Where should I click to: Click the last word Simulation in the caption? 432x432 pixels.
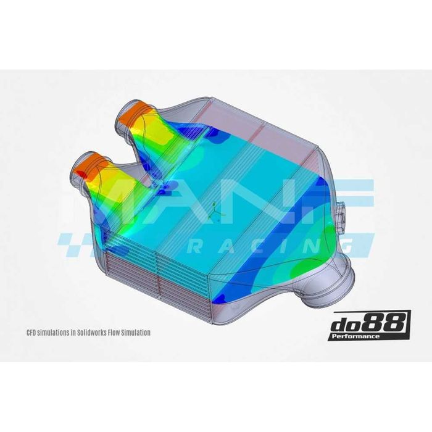[x=133, y=332]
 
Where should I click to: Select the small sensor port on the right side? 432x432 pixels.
[x=343, y=213]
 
